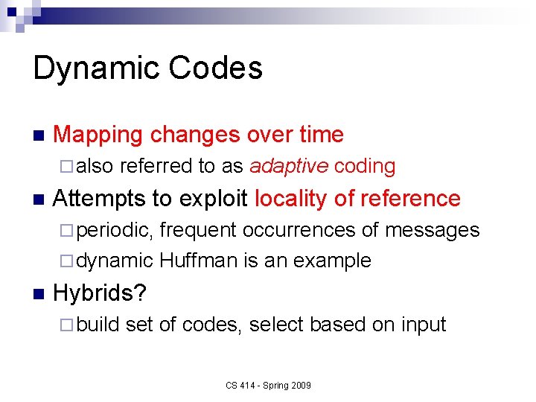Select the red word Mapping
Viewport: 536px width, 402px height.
click(x=98, y=135)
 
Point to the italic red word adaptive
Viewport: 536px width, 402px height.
click(x=289, y=166)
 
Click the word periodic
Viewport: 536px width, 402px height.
click(x=115, y=230)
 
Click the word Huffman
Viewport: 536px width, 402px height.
click(x=195, y=261)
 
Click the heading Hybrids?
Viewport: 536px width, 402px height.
click(x=100, y=293)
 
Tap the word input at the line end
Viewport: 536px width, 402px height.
click(x=424, y=325)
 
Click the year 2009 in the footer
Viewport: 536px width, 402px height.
click(x=301, y=386)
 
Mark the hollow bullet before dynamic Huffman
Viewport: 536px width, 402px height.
click(x=68, y=261)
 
